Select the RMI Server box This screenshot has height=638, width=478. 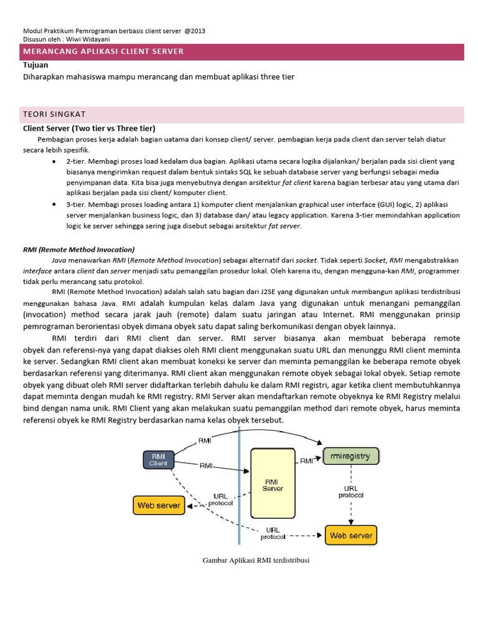tap(273, 484)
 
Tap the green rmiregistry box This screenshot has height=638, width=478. tap(350, 456)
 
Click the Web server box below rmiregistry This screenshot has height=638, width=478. tap(350, 535)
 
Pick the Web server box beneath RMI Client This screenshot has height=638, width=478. tap(159, 505)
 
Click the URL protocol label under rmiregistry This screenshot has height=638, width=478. tap(350, 492)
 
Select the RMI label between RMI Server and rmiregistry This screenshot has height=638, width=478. tap(307, 461)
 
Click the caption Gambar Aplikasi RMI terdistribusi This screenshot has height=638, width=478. tap(256, 560)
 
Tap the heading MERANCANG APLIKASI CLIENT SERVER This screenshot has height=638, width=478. tap(103, 51)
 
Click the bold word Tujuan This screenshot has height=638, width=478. tap(35, 65)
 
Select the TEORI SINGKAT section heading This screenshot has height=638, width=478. tap(54, 114)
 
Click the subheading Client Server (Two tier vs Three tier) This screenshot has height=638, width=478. tap(89, 128)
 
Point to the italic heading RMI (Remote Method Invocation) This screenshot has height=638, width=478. tap(78, 249)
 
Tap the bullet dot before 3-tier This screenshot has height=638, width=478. tap(55, 204)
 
